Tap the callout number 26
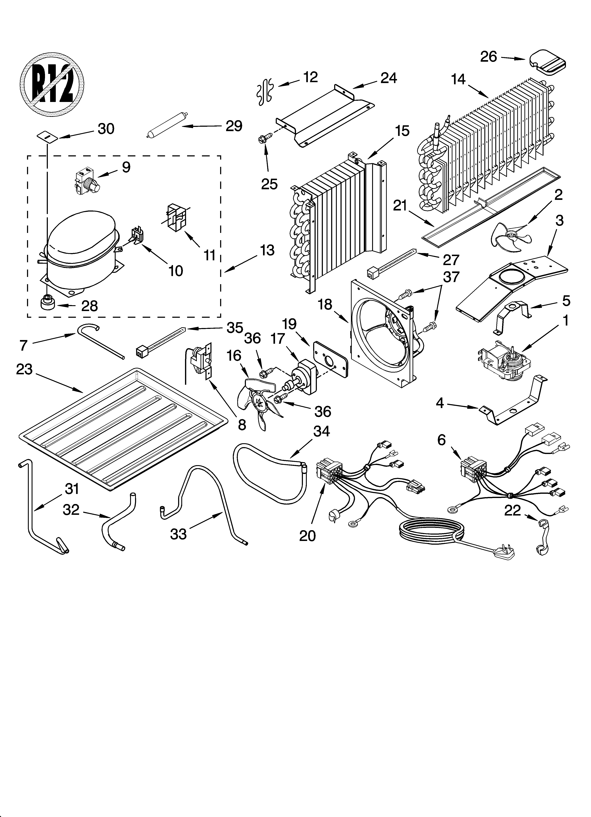coord(488,57)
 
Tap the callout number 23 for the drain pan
coord(25,369)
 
